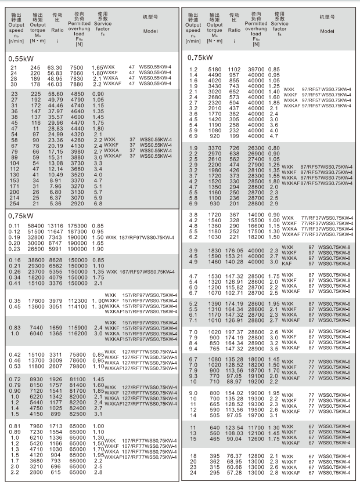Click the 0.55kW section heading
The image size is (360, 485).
click(21, 59)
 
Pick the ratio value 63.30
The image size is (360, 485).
click(55, 68)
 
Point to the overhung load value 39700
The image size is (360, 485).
click(256, 70)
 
